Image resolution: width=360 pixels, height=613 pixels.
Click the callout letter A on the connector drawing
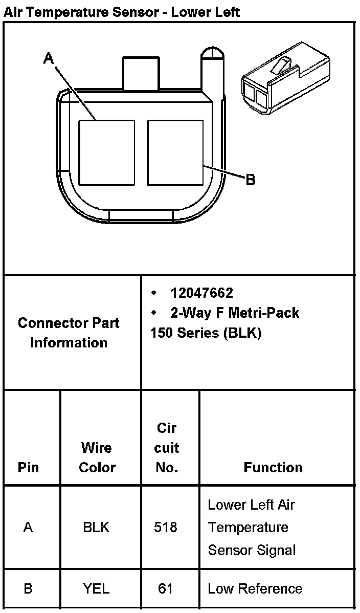click(x=49, y=59)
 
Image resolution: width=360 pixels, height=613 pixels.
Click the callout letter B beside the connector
click(x=251, y=180)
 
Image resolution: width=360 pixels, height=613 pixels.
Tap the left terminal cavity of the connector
click(x=107, y=152)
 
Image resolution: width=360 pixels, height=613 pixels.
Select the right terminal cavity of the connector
click(x=175, y=152)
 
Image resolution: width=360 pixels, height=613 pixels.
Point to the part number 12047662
click(x=201, y=293)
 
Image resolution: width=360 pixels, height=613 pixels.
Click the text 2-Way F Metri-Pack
click(x=235, y=312)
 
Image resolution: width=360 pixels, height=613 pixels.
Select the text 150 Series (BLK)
click(x=206, y=333)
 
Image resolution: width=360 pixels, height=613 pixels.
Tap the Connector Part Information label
click(x=69, y=333)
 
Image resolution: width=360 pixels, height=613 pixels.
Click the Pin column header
click(x=28, y=467)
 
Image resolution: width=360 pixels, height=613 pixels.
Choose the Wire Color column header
click(x=97, y=457)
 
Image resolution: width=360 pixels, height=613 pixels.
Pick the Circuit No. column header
click(x=167, y=448)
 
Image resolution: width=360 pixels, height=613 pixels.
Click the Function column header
click(x=273, y=467)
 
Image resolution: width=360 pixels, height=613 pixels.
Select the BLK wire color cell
click(x=96, y=527)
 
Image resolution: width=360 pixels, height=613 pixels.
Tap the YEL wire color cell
click(x=96, y=588)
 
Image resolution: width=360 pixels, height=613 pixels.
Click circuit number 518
click(x=166, y=527)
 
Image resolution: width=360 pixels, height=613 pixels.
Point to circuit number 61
click(x=166, y=588)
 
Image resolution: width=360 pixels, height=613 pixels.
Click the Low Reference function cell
click(x=255, y=588)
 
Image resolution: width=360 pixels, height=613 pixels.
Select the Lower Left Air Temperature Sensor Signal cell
click(x=252, y=527)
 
